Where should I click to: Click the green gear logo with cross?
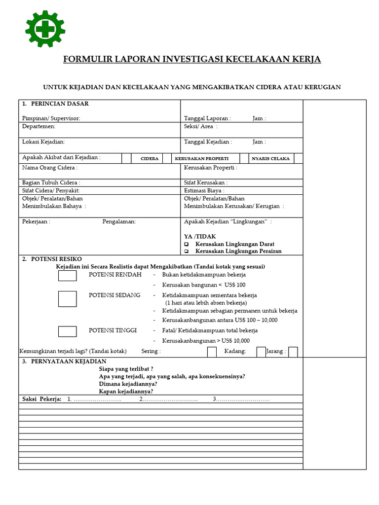pos(45,29)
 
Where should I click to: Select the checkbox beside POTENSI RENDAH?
pos(68,275)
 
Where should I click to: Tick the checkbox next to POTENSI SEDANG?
pos(68,298)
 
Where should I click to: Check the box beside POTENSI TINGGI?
pos(68,331)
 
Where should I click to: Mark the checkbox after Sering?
pos(212,352)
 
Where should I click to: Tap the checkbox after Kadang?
pos(261,352)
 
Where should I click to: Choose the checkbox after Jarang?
pos(293,352)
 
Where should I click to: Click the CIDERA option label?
pos(150,159)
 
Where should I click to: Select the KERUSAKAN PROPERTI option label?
pos(201,159)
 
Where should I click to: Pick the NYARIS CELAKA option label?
pos(270,159)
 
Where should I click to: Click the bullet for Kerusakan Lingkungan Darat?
pos(187,244)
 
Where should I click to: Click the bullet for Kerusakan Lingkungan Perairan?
pos(187,251)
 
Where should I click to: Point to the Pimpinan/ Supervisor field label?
pos(51,118)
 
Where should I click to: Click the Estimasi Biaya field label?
pos(204,190)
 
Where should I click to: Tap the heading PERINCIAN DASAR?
pos(60,104)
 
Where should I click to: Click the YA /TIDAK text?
pos(200,237)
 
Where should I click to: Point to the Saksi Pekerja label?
pos(42,399)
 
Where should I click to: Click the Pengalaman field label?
pos(119,221)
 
